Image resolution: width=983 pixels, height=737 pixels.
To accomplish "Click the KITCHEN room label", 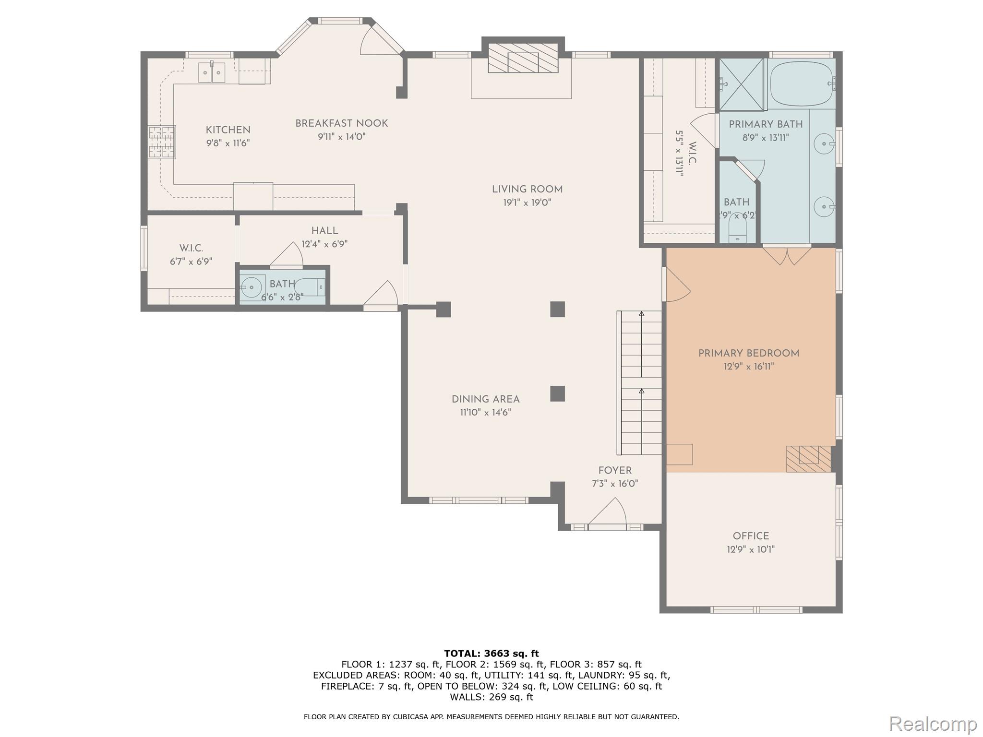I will pos(228,130).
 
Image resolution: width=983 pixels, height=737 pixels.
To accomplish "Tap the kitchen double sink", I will pos(212,72).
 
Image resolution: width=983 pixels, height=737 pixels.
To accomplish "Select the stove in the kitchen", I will pos(162,142).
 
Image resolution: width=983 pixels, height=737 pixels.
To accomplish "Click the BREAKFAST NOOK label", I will pos(341,123).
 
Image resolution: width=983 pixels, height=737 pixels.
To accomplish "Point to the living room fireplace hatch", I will pos(523,59).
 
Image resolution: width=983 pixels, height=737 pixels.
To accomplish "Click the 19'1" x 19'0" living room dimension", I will pos(527,202).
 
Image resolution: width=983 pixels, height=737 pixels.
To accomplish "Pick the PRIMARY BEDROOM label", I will pos(748,354).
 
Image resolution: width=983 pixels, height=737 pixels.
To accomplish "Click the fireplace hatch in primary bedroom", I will pos(808,459).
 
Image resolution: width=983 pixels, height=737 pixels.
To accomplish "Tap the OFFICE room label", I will pos(751,536).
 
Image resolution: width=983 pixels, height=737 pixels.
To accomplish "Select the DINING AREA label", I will pos(485,399).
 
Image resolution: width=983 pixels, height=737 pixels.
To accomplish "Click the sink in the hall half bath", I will pos(252,287).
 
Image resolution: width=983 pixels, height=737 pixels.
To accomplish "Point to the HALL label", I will pos(324,231).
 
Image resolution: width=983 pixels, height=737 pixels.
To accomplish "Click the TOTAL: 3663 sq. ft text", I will pos(491,654).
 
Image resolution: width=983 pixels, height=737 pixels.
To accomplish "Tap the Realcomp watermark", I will pos(933,723).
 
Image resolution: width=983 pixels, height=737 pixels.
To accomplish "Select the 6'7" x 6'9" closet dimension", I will pos(191,262).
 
